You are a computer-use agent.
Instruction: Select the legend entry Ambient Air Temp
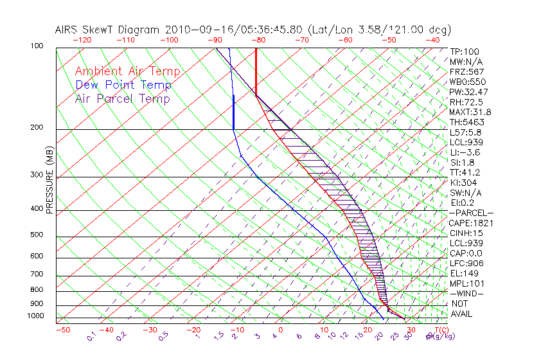(127, 71)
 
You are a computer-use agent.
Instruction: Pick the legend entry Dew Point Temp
(123, 85)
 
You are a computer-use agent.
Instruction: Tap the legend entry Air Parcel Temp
(122, 99)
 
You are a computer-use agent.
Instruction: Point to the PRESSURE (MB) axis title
(50, 180)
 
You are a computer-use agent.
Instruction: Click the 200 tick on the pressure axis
(37, 127)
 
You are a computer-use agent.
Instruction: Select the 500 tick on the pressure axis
(37, 235)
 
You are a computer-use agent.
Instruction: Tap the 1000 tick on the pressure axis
(35, 316)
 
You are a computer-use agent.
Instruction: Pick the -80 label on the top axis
(258, 40)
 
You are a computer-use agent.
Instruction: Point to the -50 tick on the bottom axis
(62, 330)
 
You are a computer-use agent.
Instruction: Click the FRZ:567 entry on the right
(466, 71)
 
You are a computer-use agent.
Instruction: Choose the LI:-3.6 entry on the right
(465, 152)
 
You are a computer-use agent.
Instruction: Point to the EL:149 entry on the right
(463, 273)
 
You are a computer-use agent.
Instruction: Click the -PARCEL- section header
(471, 213)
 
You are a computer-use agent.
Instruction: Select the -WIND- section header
(466, 293)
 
